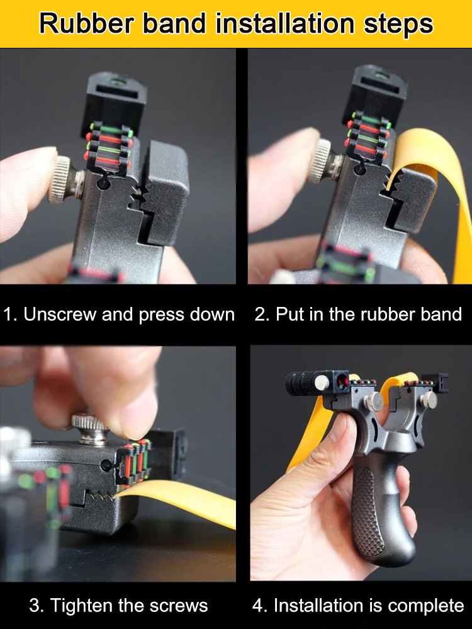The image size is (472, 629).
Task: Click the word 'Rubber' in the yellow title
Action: point(79,24)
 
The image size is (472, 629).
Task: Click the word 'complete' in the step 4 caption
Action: point(426,606)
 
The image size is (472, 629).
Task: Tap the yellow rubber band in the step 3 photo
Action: point(189,503)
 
